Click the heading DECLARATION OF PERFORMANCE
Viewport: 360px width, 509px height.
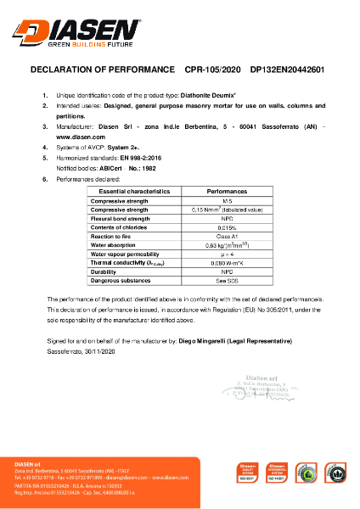click(102, 70)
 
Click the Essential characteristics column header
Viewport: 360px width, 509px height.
click(135, 193)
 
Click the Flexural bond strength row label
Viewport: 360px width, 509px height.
click(121, 219)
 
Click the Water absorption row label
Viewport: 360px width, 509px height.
click(116, 245)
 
